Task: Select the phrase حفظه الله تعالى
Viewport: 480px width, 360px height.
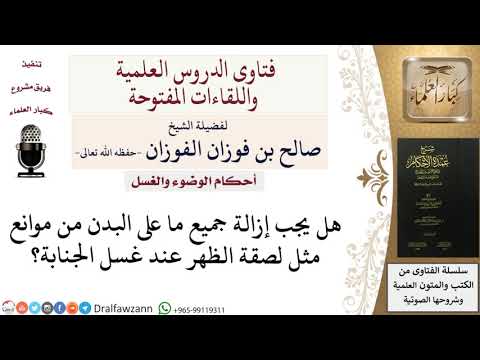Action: coord(104,151)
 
